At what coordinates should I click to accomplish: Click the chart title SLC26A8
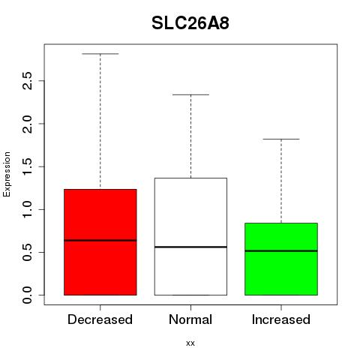(190, 23)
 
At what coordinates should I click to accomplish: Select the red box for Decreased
(100, 242)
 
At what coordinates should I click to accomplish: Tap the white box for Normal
(190, 236)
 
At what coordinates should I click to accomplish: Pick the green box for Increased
(281, 259)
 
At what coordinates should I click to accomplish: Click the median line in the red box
(100, 241)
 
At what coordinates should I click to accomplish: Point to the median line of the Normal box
(190, 247)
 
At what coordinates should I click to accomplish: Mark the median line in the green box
(281, 250)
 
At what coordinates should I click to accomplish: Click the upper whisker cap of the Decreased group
(100, 54)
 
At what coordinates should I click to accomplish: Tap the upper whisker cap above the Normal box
(190, 94)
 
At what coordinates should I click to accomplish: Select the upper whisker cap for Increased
(281, 139)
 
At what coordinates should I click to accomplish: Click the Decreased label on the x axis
(100, 319)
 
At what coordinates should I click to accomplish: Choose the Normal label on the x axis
(190, 319)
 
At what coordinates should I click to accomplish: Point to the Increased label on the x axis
(281, 319)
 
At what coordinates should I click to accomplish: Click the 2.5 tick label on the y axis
(27, 81)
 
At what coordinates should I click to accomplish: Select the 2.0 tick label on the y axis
(27, 124)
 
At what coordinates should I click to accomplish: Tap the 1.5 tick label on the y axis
(27, 166)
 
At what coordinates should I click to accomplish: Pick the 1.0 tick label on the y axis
(27, 209)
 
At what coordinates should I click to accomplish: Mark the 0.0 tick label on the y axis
(27, 295)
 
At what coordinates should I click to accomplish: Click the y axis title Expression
(7, 174)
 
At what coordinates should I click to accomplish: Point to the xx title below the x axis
(190, 343)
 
